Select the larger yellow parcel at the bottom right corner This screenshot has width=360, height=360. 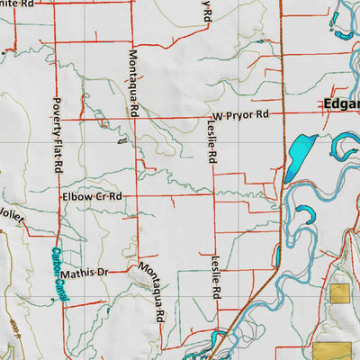coord(334,352)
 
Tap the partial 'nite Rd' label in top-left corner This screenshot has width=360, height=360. coord(18,4)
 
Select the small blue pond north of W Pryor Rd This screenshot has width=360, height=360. coord(260,40)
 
